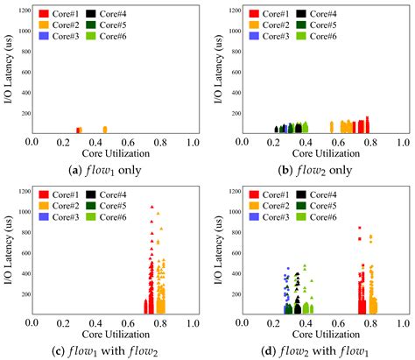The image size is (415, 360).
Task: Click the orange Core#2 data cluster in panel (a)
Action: pos(104,130)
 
